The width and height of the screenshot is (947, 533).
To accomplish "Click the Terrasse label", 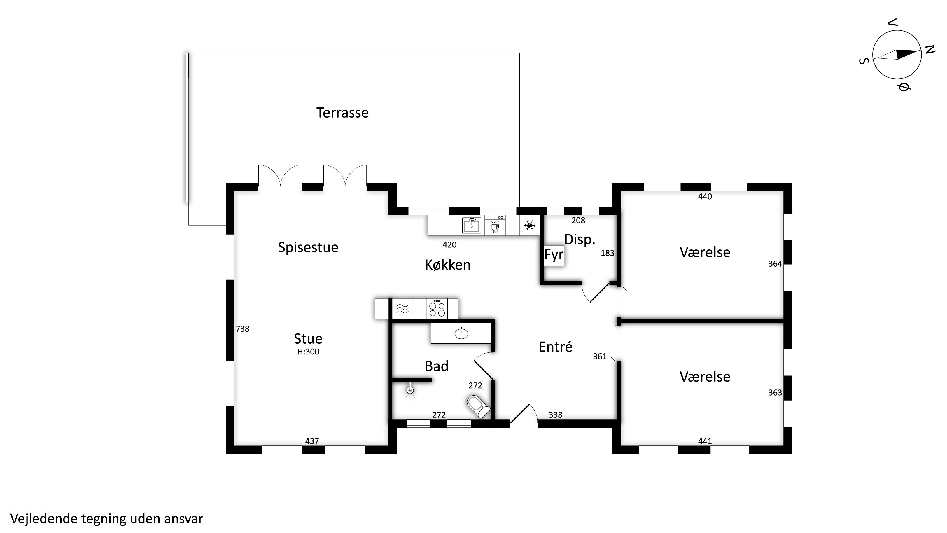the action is pyautogui.click(x=342, y=113).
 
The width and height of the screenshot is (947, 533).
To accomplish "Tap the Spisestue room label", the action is pyautogui.click(x=308, y=247).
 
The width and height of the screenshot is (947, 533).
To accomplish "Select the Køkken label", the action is pyautogui.click(x=448, y=265).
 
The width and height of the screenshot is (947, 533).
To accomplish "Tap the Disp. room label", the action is pyautogui.click(x=580, y=240).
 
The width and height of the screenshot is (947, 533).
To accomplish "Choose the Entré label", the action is pyautogui.click(x=556, y=347).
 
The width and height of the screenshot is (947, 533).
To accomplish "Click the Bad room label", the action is pyautogui.click(x=437, y=366).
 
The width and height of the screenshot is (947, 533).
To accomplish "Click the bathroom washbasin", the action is pyautogui.click(x=461, y=333).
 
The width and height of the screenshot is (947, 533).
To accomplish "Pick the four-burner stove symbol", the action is pyautogui.click(x=437, y=309).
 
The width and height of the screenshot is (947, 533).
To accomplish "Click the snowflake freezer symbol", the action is pyautogui.click(x=529, y=226).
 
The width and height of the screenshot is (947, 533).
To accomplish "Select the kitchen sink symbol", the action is pyautogui.click(x=472, y=226).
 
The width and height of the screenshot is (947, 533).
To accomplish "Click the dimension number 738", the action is pyautogui.click(x=243, y=329).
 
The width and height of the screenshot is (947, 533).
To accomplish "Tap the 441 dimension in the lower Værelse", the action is pyautogui.click(x=705, y=441).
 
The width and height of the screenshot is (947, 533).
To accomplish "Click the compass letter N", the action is pyautogui.click(x=930, y=50).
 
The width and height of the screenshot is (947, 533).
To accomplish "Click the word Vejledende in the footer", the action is pyautogui.click(x=44, y=519).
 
